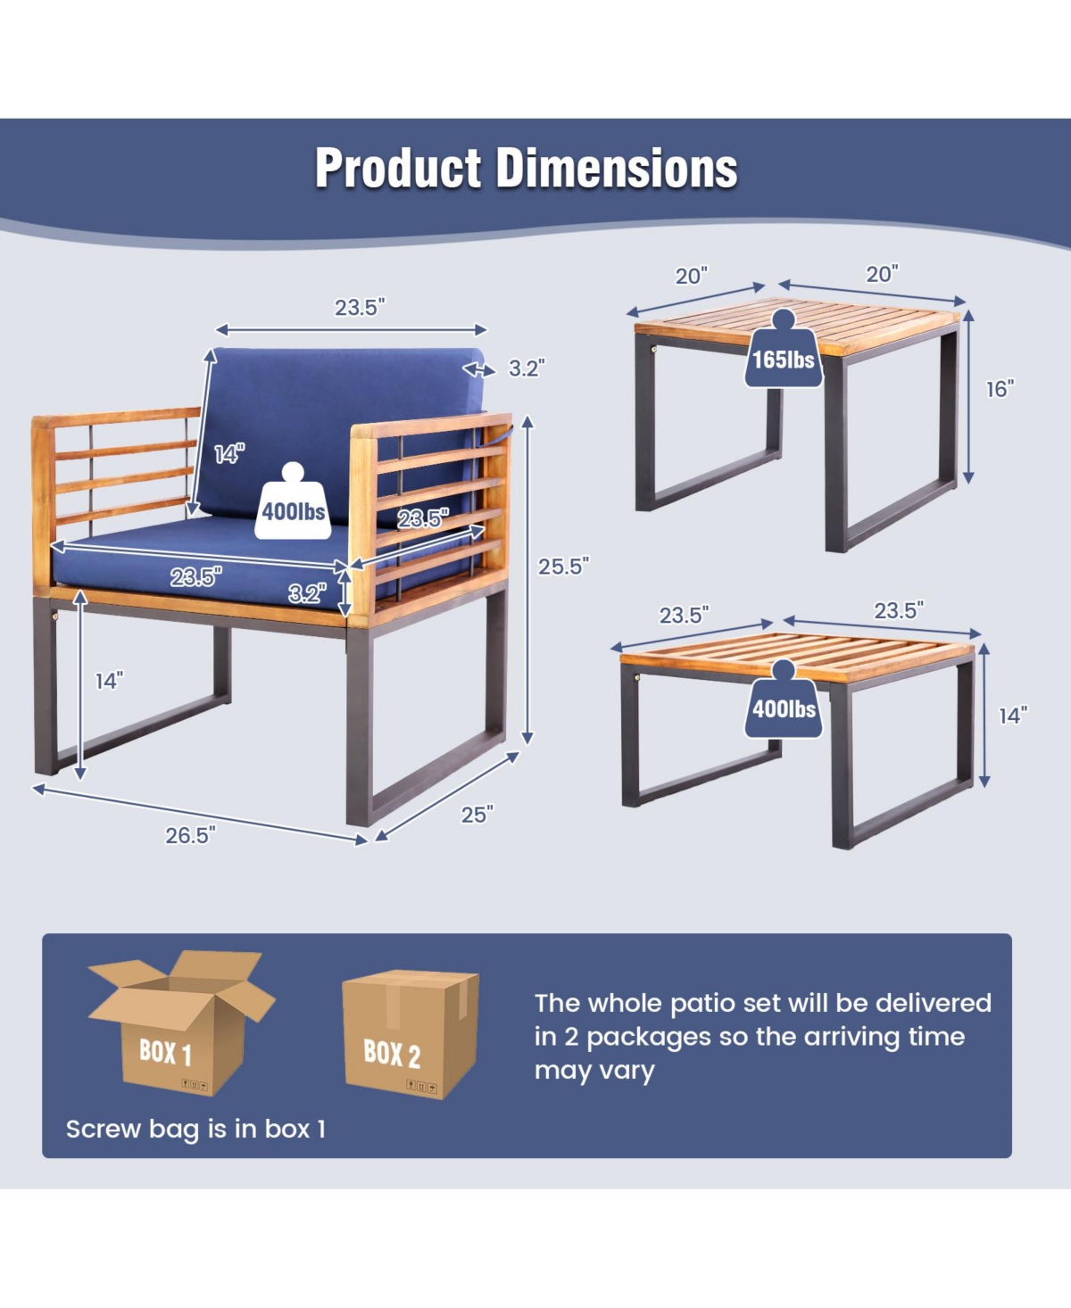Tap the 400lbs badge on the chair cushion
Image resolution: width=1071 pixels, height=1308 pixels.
tap(293, 501)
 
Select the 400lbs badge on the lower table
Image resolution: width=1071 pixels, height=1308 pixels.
tap(784, 699)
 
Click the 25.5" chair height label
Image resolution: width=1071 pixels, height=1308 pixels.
tap(563, 567)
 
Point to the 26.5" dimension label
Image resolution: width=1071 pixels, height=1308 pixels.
tap(190, 835)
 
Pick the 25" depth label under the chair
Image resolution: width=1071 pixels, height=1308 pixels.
tap(477, 815)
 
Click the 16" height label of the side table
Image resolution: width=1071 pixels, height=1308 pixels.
tap(1000, 389)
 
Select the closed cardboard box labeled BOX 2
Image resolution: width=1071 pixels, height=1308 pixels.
tap(411, 1034)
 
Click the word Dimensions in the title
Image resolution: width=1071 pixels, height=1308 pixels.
tap(617, 168)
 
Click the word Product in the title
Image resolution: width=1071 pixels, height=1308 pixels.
tap(398, 168)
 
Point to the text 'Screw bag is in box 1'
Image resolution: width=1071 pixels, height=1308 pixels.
tap(195, 1130)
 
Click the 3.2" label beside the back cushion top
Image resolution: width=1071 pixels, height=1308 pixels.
tap(527, 368)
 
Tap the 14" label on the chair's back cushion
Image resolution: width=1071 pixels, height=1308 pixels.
tap(229, 454)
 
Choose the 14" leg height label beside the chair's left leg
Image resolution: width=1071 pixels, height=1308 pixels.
tap(109, 681)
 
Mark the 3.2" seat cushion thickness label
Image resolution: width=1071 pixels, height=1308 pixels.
tap(307, 593)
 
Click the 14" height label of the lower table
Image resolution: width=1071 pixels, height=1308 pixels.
tap(1013, 716)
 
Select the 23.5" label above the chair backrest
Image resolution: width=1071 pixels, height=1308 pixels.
tap(360, 307)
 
